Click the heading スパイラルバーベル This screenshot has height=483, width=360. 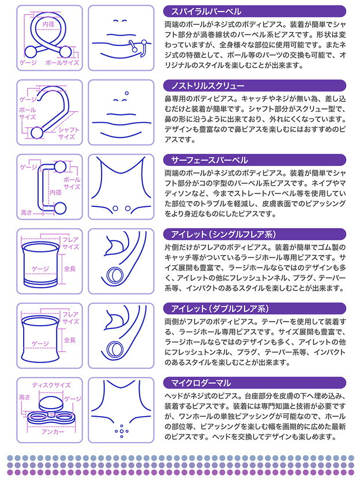[206, 12]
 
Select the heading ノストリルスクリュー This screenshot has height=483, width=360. [208, 86]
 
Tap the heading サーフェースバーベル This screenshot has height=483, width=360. [209, 160]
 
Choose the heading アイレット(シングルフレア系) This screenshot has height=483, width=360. [223, 235]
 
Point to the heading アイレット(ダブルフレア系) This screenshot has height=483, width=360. [220, 309]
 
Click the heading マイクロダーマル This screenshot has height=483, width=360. [201, 383]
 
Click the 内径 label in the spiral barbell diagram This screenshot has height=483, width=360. [48, 24]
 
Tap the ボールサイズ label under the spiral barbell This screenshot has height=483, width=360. [62, 62]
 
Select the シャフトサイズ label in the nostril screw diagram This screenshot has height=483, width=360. [68, 133]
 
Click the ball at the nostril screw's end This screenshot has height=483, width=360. [37, 133]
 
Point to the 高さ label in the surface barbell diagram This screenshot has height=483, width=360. [26, 212]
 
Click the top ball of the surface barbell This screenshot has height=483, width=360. [60, 167]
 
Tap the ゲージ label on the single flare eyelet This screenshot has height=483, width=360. [40, 269]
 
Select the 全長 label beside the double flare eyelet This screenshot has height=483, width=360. [70, 340]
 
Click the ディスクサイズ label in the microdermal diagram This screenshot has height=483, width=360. [51, 385]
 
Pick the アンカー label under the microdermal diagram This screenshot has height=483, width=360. [53, 432]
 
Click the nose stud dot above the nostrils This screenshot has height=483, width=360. [127, 93]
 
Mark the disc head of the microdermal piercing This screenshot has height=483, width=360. [51, 403]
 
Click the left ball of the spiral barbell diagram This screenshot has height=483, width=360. [31, 52]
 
